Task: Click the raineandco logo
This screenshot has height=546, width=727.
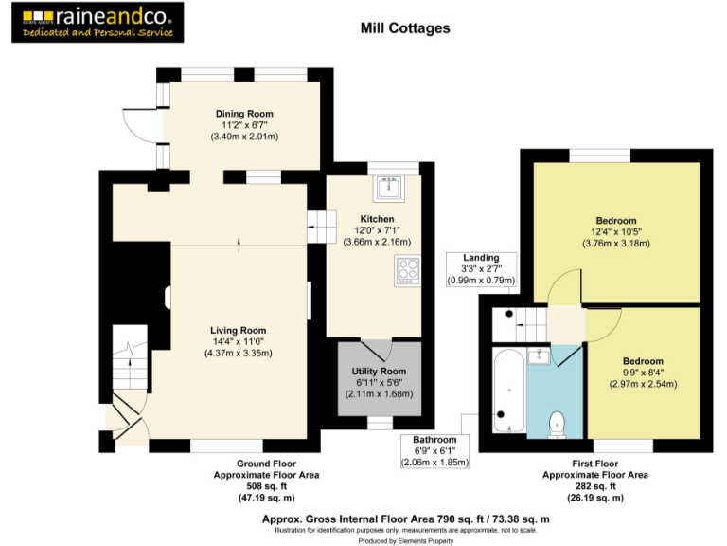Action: (92, 23)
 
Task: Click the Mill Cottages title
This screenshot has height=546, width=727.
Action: (405, 28)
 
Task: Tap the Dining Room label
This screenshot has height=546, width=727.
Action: (245, 114)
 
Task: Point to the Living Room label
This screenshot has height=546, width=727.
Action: (238, 330)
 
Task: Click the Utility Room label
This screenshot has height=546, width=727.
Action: (379, 370)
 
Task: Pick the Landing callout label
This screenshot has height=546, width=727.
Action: (480, 257)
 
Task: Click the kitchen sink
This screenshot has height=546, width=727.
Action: (388, 190)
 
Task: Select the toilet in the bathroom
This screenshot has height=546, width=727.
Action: (558, 422)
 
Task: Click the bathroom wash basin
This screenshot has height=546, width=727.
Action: (539, 355)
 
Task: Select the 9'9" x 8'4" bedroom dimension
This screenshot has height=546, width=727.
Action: (643, 373)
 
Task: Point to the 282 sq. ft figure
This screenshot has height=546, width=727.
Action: (594, 485)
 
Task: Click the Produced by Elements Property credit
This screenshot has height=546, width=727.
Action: (404, 540)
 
